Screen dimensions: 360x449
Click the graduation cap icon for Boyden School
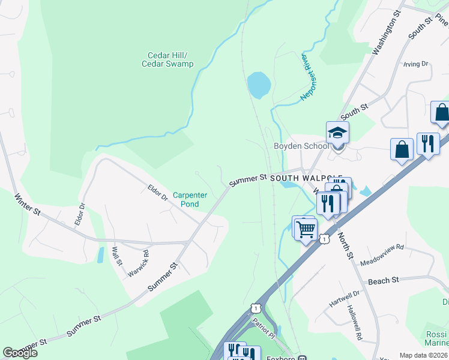click(x=337, y=133)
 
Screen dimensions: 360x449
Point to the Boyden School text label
click(x=301, y=146)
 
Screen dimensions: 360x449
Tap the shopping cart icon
click(x=306, y=228)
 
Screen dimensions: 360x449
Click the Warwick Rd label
click(x=138, y=264)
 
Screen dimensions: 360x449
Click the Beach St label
click(x=383, y=281)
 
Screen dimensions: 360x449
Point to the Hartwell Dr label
click(x=344, y=299)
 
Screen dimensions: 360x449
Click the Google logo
click(x=20, y=353)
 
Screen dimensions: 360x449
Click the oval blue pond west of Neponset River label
click(x=258, y=85)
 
